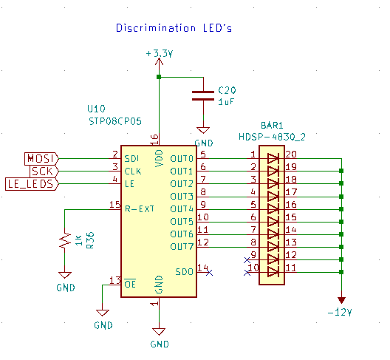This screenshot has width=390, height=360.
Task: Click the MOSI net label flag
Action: tap(41, 159)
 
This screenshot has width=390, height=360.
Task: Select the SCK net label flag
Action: tap(44, 171)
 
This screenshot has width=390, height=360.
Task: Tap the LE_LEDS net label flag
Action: tap(32, 184)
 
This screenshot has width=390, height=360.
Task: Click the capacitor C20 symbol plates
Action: tap(203, 96)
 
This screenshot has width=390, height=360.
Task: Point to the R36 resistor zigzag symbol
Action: tap(65, 240)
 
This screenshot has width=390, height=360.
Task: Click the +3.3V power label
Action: tap(160, 53)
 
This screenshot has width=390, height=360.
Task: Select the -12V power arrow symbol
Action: tap(341, 300)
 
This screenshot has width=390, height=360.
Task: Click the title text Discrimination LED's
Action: tap(174, 28)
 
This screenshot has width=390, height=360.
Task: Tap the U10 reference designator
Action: tap(96, 109)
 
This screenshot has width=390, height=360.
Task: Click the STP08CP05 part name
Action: tap(115, 121)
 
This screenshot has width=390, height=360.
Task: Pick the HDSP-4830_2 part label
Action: tap(272, 137)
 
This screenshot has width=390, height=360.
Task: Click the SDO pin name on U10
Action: tap(185, 271)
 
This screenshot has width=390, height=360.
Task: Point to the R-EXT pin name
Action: tap(140, 209)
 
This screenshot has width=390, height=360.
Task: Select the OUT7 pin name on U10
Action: tap(182, 247)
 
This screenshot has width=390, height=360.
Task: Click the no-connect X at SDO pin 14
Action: tap(210, 273)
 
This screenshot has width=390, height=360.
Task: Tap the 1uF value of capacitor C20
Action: tap(226, 102)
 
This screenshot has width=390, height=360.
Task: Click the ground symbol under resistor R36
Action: tap(65, 275)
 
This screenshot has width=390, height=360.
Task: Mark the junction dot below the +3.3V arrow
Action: tap(159, 77)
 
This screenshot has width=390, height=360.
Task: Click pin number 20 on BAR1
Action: tap(291, 154)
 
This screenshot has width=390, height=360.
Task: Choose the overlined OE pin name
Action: tap(130, 284)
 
